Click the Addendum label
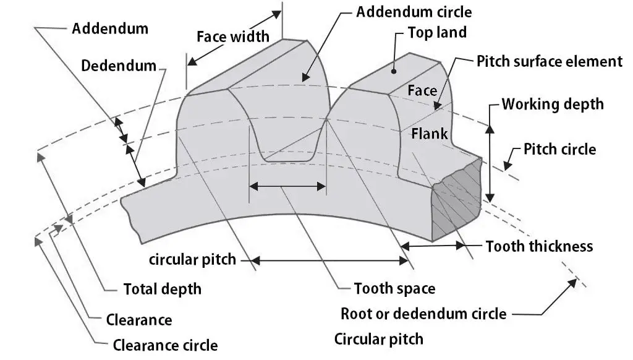[x=110, y=28]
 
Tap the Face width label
[x=233, y=36]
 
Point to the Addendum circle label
[x=414, y=12]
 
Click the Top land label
[x=437, y=32]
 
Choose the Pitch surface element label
[x=549, y=61]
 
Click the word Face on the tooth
[x=422, y=90]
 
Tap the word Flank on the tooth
[x=429, y=133]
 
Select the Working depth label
[x=552, y=103]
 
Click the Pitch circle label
[x=559, y=149]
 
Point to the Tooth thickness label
[x=539, y=246]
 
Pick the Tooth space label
[x=394, y=288]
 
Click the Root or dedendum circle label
[x=423, y=314]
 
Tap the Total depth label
[x=162, y=289]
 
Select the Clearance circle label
[x=165, y=345]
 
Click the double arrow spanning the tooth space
[x=287, y=185]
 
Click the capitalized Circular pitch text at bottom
[x=378, y=339]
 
